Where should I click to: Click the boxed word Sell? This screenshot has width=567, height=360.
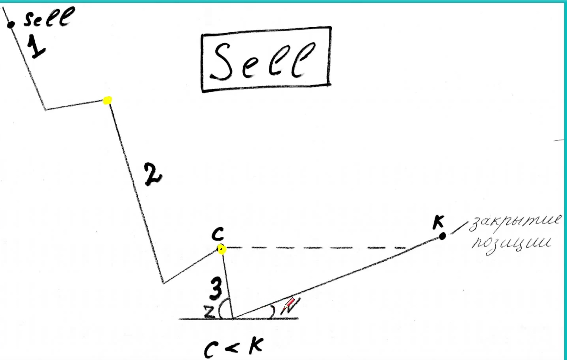coord(263,61)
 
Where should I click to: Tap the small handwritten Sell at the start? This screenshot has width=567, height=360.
coord(49,17)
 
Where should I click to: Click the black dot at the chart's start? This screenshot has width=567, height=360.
coord(11,24)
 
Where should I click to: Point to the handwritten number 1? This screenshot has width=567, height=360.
coord(36,47)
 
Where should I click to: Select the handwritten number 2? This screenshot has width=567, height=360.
coord(153,174)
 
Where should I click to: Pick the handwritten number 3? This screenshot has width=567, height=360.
coord(216,289)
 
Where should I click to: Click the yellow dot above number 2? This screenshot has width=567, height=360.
coord(108,100)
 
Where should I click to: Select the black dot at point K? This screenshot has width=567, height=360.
coord(442,236)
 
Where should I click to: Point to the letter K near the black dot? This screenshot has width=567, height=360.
coord(438,222)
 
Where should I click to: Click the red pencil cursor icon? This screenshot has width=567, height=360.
coord(289,304)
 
